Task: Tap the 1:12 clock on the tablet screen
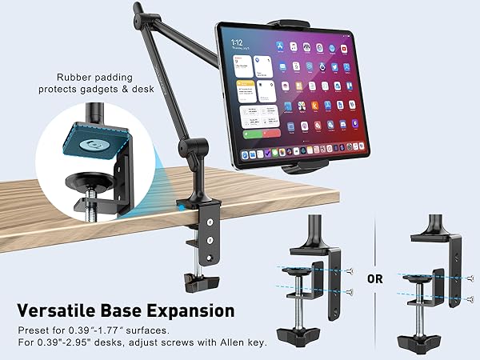pos(237,41)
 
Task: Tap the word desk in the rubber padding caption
pos(132,90)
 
